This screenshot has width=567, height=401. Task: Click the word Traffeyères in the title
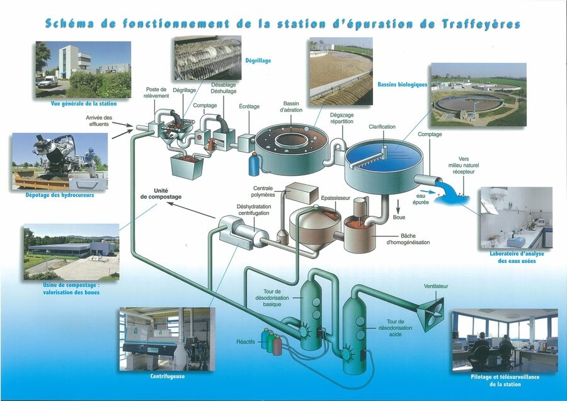pyautogui.click(x=481, y=24)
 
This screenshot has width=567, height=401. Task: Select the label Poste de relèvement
pyautogui.click(x=156, y=92)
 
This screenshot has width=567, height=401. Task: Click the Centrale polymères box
pyautogui.click(x=301, y=192)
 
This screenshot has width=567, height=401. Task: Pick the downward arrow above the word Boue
pyautogui.click(x=399, y=206)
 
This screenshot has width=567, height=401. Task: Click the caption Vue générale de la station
pyautogui.click(x=84, y=103)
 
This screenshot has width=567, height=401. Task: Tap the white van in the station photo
pyautogui.click(x=47, y=81)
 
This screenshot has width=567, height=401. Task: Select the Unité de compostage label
pyautogui.click(x=161, y=194)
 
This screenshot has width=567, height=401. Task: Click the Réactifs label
pyautogui.click(x=246, y=342)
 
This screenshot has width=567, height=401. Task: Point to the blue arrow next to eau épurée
pyautogui.click(x=428, y=192)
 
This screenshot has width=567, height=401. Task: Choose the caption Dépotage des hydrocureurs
pyautogui.click(x=60, y=195)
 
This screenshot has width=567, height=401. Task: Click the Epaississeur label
pyautogui.click(x=336, y=198)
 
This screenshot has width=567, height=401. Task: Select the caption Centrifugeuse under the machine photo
pyautogui.click(x=168, y=376)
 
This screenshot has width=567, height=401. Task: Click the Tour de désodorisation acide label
pyautogui.click(x=395, y=328)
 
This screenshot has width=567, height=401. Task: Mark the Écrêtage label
pyautogui.click(x=249, y=107)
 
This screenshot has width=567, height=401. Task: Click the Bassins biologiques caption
pyautogui.click(x=403, y=84)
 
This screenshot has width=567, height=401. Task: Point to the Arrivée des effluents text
pyautogui.click(x=99, y=121)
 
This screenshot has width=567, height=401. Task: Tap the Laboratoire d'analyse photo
pyautogui.click(x=517, y=218)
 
